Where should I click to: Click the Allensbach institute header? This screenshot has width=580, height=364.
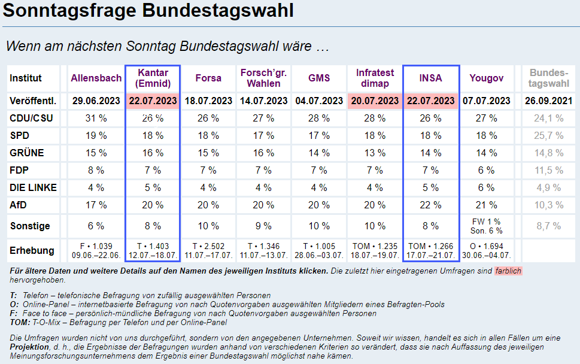coord(96,78)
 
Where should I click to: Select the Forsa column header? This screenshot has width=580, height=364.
coord(208,78)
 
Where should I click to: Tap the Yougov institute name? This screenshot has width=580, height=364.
coord(486,78)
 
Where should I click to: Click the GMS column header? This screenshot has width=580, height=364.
coord(319,78)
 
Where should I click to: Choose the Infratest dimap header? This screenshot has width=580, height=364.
coord(375,78)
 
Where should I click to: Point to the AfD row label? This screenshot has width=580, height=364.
coord(19,205)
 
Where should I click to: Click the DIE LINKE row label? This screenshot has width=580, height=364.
coord(33,187)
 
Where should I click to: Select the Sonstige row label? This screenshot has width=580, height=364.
coord(30,226)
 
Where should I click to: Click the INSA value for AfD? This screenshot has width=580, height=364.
coord(431,205)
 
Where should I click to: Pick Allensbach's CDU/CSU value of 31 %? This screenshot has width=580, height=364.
coord(96,118)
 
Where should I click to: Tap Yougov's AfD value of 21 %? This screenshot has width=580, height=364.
coord(486,205)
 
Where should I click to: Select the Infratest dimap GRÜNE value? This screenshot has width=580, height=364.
coord(375,153)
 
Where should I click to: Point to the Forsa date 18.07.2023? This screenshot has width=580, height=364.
coord(208,101)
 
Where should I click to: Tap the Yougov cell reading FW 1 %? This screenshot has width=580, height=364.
coord(486,222)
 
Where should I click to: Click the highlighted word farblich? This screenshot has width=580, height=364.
coord(508,271)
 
